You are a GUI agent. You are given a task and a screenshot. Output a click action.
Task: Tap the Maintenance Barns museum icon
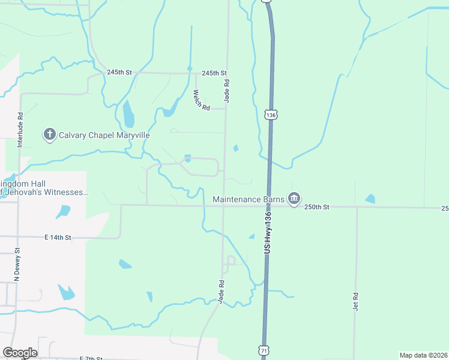click(294, 199)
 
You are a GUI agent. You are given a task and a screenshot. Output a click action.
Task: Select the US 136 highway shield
click(271, 114)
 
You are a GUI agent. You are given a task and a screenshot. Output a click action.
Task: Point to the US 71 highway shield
click(265, 349)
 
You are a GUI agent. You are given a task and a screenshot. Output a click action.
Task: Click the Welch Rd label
click(200, 100)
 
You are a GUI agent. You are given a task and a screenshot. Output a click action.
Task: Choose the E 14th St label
click(58, 238)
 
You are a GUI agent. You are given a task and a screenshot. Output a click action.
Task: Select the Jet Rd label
click(355, 301)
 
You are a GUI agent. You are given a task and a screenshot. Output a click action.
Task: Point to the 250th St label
click(318, 207)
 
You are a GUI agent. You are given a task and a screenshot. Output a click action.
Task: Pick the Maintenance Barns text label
click(249, 199)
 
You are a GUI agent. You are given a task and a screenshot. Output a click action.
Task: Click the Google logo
click(20, 353)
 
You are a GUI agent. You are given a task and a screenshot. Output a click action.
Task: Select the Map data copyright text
click(423, 355)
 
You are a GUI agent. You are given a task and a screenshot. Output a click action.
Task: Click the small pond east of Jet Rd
click(370, 199)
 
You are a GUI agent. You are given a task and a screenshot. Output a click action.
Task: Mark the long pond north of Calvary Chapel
click(128, 114)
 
